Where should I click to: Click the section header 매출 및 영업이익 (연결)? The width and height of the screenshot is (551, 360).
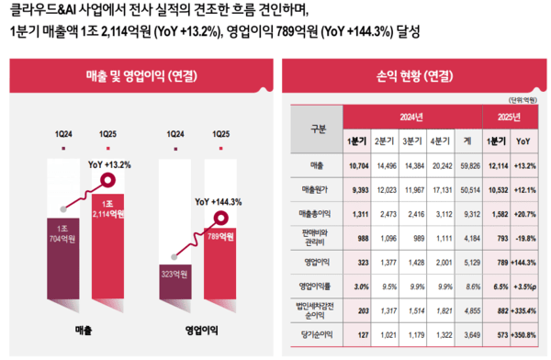(x=138, y=76)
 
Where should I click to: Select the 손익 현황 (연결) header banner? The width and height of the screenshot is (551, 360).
(x=413, y=76)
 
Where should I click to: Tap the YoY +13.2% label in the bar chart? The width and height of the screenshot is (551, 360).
(x=109, y=165)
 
